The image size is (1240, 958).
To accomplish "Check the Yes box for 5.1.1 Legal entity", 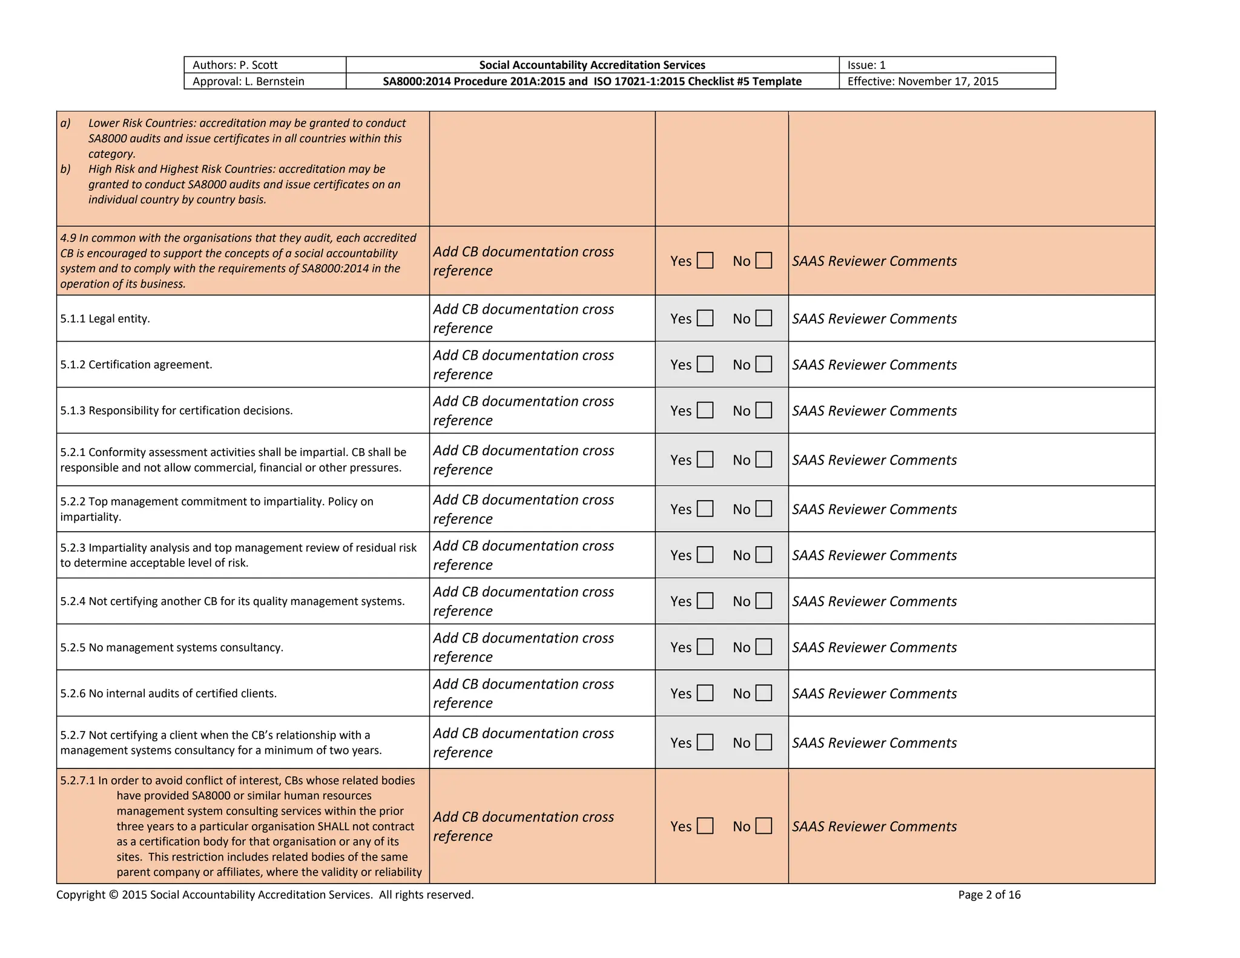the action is (705, 318).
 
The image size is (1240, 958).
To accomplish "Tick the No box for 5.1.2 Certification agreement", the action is (764, 364).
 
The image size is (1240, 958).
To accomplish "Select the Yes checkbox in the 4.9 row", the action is (705, 260).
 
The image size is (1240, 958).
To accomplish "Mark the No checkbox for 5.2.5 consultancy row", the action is (764, 647).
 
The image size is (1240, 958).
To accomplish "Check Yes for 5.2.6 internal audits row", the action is (705, 693).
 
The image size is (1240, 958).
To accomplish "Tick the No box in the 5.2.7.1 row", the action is (764, 826).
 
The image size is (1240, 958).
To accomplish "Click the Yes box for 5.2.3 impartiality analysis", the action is (705, 555).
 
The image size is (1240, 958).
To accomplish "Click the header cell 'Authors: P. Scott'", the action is (235, 65).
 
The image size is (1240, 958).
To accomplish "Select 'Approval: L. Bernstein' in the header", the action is (248, 81).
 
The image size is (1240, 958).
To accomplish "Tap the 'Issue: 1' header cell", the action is (866, 65).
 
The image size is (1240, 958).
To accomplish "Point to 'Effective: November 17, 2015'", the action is (922, 81).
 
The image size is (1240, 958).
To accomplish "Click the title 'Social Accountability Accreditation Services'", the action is (592, 65).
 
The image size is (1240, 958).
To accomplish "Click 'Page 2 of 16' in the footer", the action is (989, 894).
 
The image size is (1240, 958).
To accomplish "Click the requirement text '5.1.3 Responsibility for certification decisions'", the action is (176, 411).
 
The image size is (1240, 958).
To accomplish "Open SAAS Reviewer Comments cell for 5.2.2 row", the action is (874, 509).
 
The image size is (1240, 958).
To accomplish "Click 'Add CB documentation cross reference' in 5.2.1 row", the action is (523, 460).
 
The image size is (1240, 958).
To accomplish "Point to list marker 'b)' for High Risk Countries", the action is (65, 169).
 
